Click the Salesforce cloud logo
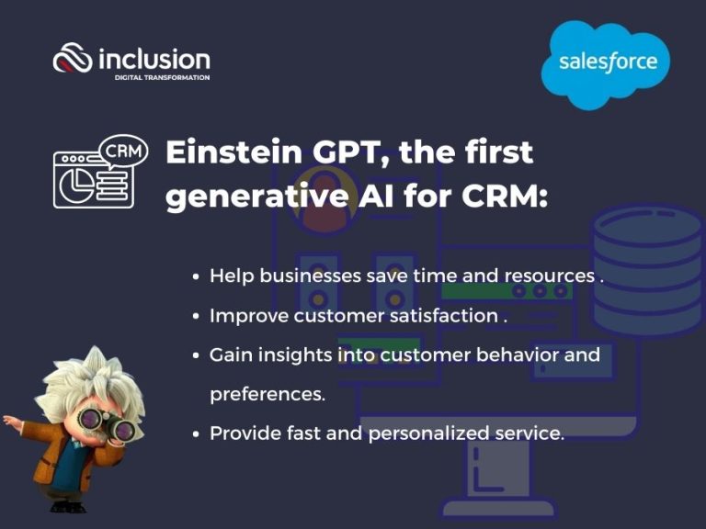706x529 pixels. click(x=609, y=62)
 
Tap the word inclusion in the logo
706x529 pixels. click(x=154, y=60)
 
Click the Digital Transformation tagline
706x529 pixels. click(x=162, y=78)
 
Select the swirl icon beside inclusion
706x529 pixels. click(x=73, y=61)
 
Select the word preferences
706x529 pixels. click(x=267, y=394)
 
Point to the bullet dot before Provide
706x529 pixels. click(x=196, y=433)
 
